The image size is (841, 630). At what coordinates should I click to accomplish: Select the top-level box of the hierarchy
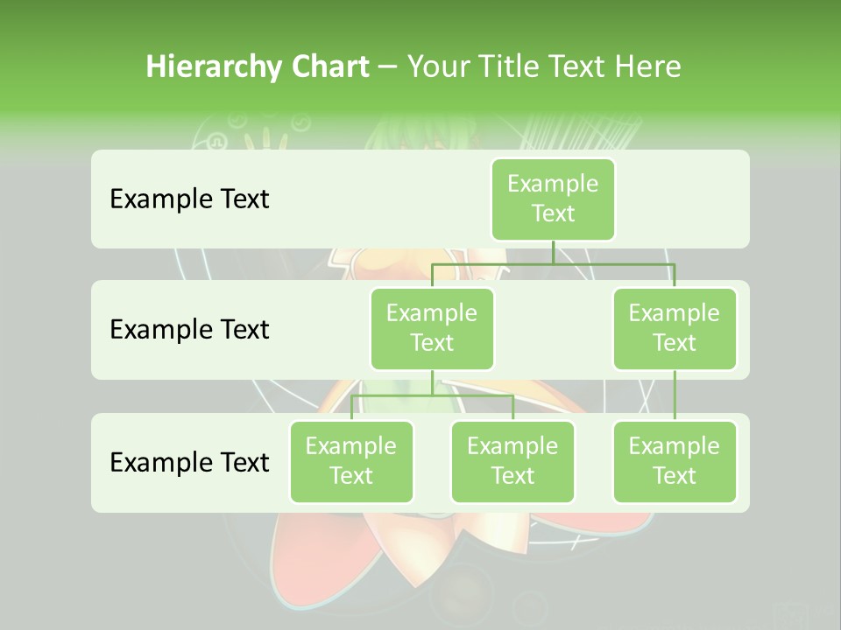click(x=553, y=199)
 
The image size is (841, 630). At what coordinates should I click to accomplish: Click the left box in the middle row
click(x=432, y=328)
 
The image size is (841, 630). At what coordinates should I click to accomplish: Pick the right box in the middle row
click(x=675, y=328)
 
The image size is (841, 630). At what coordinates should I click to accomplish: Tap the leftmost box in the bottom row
click(x=351, y=461)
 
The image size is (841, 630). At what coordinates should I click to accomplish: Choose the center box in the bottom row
click(x=512, y=461)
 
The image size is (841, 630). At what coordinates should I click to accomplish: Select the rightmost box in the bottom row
click(x=675, y=461)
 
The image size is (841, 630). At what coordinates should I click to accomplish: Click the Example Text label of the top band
click(x=189, y=199)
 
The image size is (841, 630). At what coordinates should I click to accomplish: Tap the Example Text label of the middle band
click(x=189, y=329)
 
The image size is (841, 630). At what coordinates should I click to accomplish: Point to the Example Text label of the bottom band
click(x=189, y=462)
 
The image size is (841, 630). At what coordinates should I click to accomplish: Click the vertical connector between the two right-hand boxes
click(x=675, y=395)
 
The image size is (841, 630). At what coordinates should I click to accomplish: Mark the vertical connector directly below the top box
click(x=553, y=252)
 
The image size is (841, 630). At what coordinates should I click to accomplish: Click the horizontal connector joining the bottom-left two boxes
click(x=432, y=395)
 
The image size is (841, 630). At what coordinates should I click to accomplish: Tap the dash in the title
click(x=388, y=66)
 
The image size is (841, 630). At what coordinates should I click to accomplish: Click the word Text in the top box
click(x=553, y=213)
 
